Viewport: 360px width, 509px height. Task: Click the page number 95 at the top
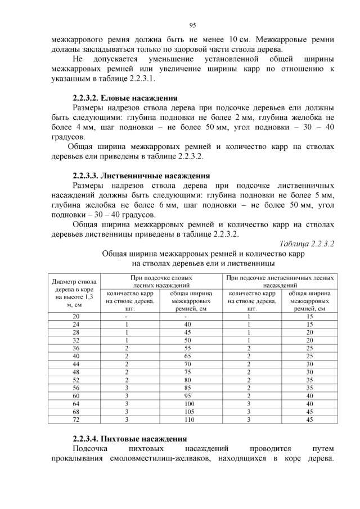coord(192,25)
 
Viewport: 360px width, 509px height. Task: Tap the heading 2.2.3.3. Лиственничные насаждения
coord(142,175)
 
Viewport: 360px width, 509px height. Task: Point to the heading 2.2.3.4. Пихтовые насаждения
coord(130,438)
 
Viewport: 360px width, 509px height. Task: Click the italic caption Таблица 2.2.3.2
coord(307,244)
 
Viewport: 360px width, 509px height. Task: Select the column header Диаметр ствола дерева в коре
coord(74,292)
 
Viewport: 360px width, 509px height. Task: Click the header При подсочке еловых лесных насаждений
coord(161,281)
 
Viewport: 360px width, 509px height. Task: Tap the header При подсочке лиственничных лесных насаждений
coord(281,281)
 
